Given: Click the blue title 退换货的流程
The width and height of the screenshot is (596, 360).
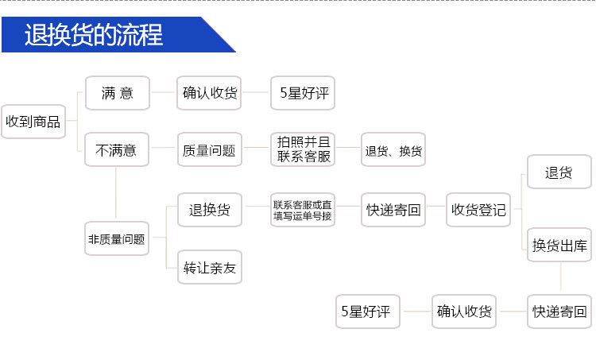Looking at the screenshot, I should pyautogui.click(x=94, y=35).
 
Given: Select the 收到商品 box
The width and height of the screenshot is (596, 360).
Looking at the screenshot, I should pyautogui.click(x=33, y=122).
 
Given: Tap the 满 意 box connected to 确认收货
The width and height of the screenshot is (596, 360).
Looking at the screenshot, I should pyautogui.click(x=118, y=94).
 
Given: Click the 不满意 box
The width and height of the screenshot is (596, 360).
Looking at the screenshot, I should pyautogui.click(x=116, y=149).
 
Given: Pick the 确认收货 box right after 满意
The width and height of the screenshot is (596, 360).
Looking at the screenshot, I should pyautogui.click(x=210, y=94).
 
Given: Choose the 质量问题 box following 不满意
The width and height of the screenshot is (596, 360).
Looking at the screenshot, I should pyautogui.click(x=209, y=149).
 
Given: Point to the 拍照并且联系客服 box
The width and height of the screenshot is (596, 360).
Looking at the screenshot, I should pyautogui.click(x=303, y=149).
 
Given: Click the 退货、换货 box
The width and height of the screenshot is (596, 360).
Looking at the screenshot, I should pyautogui.click(x=393, y=149).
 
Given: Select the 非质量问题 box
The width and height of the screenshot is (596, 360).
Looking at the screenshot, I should pyautogui.click(x=116, y=238).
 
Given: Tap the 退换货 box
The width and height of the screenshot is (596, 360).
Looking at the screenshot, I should pyautogui.click(x=209, y=210).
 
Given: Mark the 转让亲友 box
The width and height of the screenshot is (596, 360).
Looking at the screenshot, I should pyautogui.click(x=209, y=268).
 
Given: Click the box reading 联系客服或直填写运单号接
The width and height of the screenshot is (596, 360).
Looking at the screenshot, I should pyautogui.click(x=302, y=210).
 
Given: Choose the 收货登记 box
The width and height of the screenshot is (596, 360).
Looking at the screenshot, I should pyautogui.click(x=478, y=210).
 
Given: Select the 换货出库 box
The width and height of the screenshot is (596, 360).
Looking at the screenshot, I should pyautogui.click(x=560, y=246).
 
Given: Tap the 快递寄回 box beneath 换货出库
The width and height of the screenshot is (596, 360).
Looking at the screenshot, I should pyautogui.click(x=560, y=312).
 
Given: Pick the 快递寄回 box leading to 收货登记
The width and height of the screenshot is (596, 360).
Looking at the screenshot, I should pyautogui.click(x=393, y=210).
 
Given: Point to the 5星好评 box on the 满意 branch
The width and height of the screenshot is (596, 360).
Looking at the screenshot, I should pyautogui.click(x=303, y=94).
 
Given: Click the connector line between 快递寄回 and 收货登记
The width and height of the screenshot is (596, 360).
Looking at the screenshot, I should pyautogui.click(x=436, y=210).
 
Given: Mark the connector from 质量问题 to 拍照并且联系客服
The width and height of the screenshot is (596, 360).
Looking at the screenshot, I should pyautogui.click(x=256, y=149).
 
